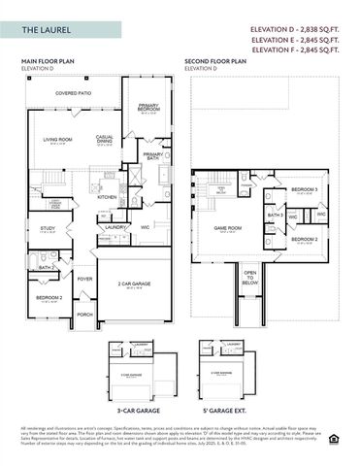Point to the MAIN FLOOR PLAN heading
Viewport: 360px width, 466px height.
49,61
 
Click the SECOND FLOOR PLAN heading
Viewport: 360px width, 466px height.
216,61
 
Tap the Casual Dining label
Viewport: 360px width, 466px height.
105,139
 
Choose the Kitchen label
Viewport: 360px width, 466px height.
107,197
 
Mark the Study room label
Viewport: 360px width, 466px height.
48,229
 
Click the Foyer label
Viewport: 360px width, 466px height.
84,279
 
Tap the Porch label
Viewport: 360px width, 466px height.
84,315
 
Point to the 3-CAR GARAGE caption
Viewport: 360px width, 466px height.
137,411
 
